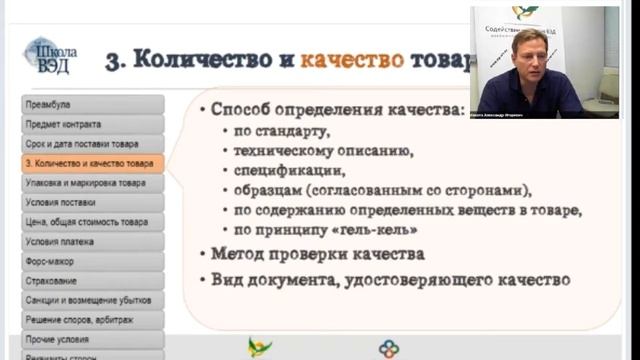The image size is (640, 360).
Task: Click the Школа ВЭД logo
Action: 50,55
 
